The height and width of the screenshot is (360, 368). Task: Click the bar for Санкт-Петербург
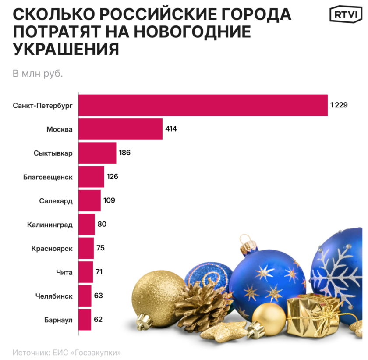(203, 105)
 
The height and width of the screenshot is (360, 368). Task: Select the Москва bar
(120, 129)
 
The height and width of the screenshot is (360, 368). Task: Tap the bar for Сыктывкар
(97, 153)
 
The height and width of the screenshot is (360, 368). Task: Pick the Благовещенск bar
(91, 177)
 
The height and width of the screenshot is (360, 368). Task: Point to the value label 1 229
(339, 105)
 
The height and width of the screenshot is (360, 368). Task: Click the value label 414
(171, 129)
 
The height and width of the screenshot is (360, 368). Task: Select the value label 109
(109, 200)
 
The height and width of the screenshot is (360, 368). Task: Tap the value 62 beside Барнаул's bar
(98, 319)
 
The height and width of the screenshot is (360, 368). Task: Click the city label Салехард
(56, 201)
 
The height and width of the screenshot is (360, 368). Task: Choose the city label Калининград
(50, 225)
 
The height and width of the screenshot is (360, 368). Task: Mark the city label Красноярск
(52, 249)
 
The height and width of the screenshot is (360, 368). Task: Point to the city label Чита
(65, 272)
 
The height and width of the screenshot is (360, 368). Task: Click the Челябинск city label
(53, 296)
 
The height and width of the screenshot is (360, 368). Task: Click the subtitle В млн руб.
(38, 73)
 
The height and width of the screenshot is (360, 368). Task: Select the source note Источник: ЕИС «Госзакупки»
(66, 352)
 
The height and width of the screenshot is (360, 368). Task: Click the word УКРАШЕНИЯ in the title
(66, 49)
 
